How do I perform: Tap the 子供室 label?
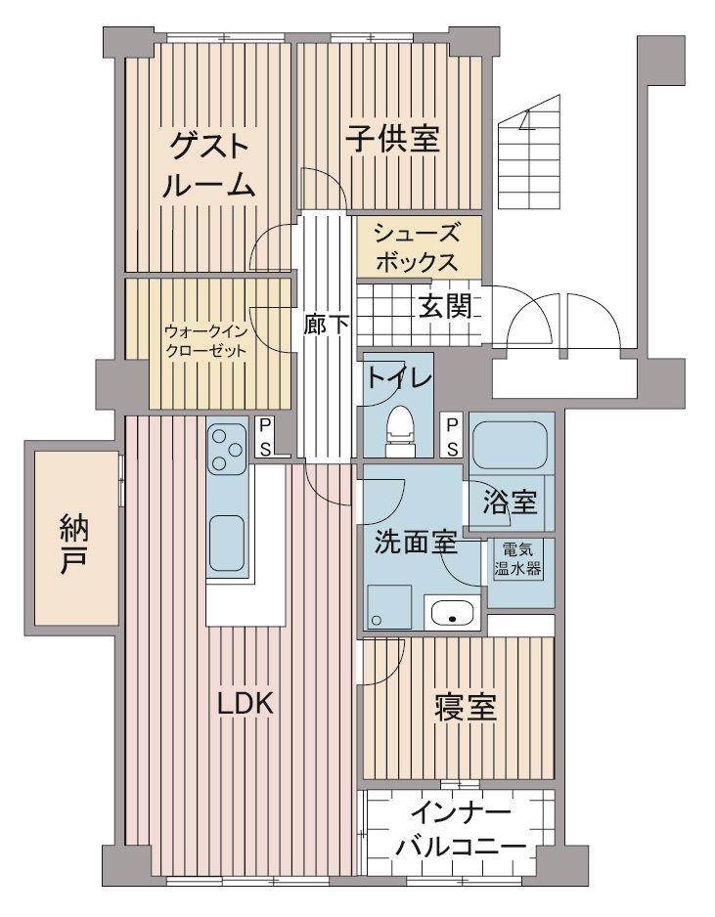[392, 139]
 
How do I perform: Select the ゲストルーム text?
[209, 165]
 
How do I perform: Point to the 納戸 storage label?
[74, 544]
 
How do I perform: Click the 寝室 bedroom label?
[466, 708]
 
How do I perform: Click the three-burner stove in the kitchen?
[227, 449]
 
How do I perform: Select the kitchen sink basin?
[227, 543]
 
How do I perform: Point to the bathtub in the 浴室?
[509, 446]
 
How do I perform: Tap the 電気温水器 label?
[517, 559]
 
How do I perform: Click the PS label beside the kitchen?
[265, 436]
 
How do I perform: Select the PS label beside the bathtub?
[452, 436]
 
